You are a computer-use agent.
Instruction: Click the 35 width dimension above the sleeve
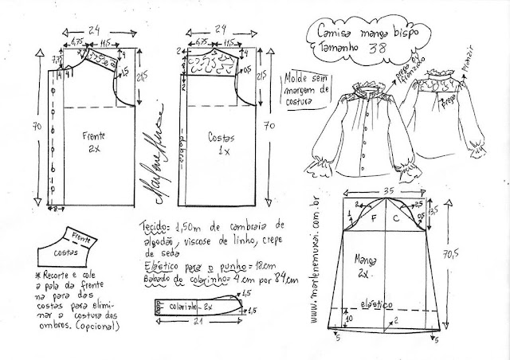[x=387, y=192]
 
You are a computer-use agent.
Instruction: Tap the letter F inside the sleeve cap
[x=371, y=215]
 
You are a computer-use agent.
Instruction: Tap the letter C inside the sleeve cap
[x=397, y=215]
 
